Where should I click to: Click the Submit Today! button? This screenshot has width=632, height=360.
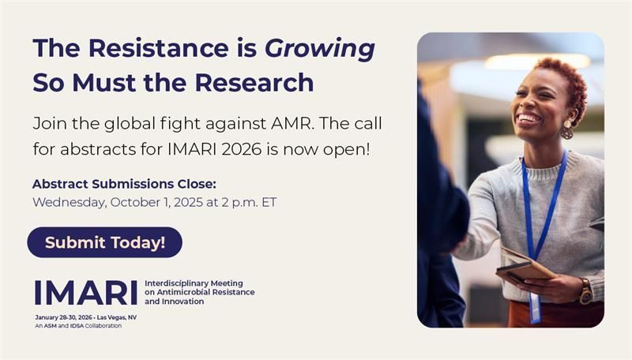(105, 242)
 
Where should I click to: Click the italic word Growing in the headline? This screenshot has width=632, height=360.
(320, 49)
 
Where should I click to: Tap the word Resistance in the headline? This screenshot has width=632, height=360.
(159, 48)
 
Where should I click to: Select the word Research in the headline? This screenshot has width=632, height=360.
(254, 83)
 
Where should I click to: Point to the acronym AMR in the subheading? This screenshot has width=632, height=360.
(292, 124)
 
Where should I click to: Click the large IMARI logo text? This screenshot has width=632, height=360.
(86, 293)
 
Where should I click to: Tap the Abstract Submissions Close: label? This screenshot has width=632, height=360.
(124, 184)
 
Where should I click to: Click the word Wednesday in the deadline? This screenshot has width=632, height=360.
(70, 202)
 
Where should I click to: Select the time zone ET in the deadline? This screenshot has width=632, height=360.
(269, 202)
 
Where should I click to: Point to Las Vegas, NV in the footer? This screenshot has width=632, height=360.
(117, 317)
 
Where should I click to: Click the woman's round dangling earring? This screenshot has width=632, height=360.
(566, 130)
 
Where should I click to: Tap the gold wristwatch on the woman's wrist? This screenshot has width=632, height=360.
(586, 291)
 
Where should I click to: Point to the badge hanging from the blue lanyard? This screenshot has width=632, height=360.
(535, 308)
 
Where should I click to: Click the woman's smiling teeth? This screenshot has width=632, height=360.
(529, 118)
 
